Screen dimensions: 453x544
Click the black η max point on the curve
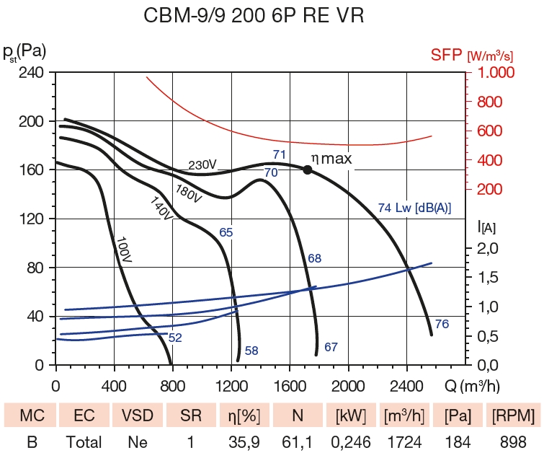click(x=308, y=170)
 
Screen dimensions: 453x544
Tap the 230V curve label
click(x=203, y=165)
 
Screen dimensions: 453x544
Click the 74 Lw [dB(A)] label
click(x=414, y=208)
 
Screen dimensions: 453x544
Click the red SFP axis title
click(x=471, y=55)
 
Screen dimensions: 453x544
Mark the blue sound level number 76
click(x=442, y=325)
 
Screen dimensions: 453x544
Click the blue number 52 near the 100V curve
click(x=174, y=337)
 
